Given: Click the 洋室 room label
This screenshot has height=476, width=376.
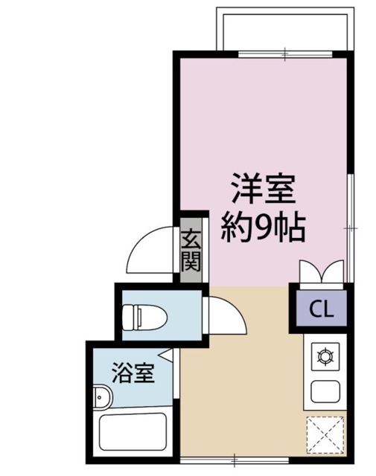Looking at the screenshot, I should point(262,189).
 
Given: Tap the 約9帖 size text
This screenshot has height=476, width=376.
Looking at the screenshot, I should point(264,225).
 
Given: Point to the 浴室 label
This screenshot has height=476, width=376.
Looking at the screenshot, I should point(133,372).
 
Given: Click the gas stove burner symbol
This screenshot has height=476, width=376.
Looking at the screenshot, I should point(325,358).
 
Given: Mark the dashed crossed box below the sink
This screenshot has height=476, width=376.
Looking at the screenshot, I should point(325,434).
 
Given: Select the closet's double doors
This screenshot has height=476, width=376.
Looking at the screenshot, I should point(322,272).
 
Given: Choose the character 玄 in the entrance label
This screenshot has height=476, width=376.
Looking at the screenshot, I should point(191,239).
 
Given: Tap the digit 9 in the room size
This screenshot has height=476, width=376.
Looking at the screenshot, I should point(264,226).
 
